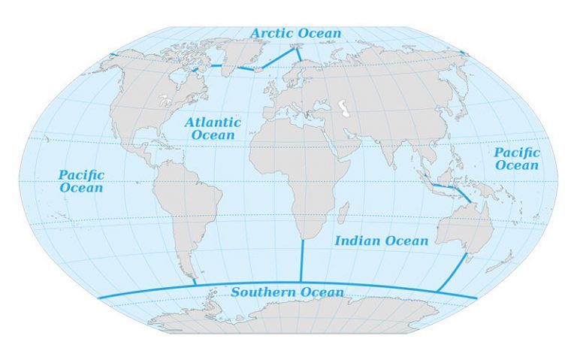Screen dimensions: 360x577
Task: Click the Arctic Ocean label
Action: pyautogui.click(x=295, y=33)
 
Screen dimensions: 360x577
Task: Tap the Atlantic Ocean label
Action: pyautogui.click(x=213, y=129)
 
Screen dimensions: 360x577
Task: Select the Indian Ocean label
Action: pyautogui.click(x=381, y=241)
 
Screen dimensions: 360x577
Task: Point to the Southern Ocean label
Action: pyautogui.click(x=288, y=292)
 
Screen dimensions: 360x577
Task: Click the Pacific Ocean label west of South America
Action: pyautogui.click(x=81, y=181)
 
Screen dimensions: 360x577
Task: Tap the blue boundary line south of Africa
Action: pyautogui.click(x=301, y=259)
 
